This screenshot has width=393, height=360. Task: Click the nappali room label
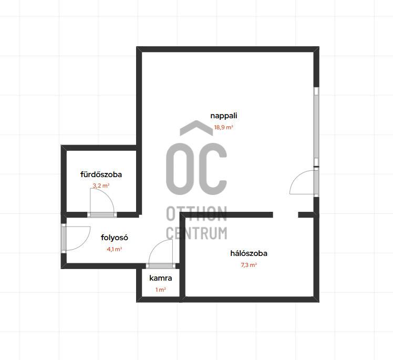[224, 116]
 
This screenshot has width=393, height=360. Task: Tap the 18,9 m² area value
[224, 127]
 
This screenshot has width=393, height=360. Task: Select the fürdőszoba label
[101, 174]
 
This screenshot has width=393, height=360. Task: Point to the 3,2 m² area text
[101, 186]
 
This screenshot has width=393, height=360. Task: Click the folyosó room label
[115, 238]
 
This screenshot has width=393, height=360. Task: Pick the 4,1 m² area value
[115, 249]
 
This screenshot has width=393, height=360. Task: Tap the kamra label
[161, 278]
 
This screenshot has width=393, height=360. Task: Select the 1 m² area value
[161, 290]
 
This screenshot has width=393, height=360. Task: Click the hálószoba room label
[249, 253]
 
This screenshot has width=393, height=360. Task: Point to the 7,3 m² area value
[249, 265]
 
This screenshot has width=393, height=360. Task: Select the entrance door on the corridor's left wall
[64, 238]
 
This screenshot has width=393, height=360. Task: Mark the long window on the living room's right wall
[317, 127]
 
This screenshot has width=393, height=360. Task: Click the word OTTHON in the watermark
[196, 213]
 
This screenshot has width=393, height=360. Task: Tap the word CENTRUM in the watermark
[196, 233]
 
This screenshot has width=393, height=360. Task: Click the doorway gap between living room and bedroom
[285, 215]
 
